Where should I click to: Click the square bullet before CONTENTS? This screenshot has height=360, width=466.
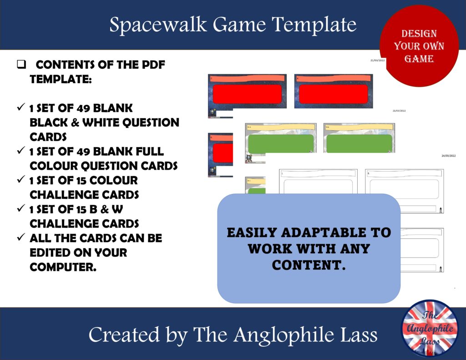[x=21, y=65]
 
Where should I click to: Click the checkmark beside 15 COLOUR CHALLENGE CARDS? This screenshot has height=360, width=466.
[x=20, y=180]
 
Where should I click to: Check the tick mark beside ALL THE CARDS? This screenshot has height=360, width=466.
[x=20, y=238]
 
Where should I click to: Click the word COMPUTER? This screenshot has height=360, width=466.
[x=63, y=267]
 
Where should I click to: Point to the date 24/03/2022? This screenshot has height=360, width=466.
[x=448, y=156]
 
